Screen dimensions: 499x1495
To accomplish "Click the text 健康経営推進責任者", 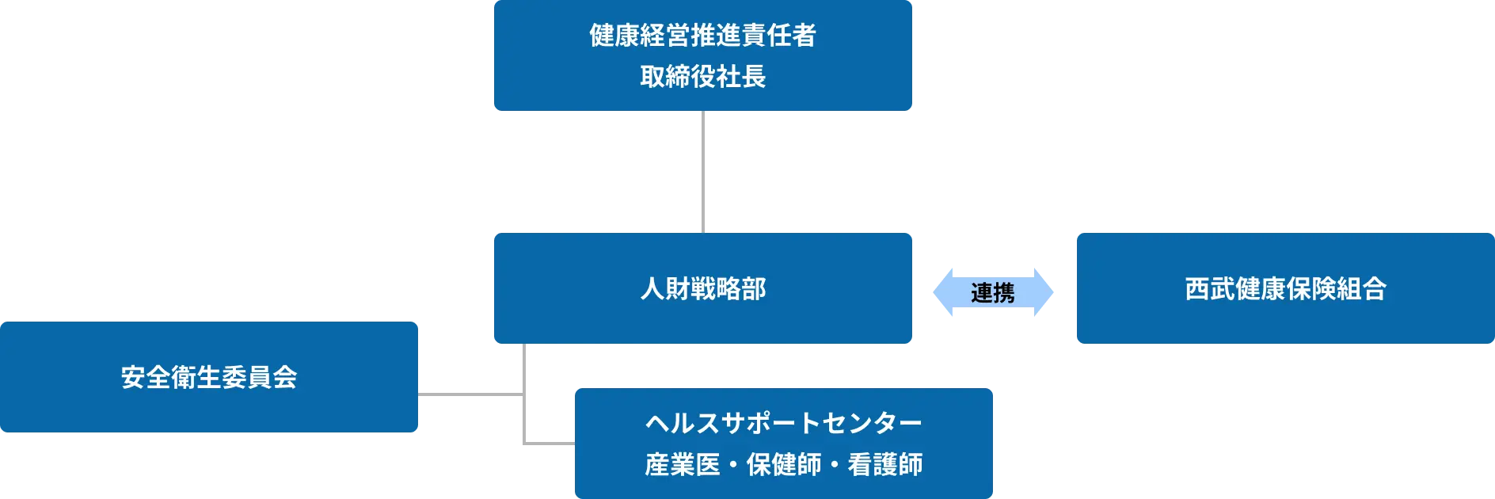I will tap(702, 36).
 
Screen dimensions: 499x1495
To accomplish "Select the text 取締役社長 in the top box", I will tap(702, 77).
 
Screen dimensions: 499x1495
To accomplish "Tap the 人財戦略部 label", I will tap(702, 288).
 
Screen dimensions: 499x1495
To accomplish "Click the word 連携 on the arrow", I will tap(992, 292).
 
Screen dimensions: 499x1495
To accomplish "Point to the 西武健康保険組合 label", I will tap(1285, 288).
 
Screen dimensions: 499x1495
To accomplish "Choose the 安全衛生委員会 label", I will tap(209, 377).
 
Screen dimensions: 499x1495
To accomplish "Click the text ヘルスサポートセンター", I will tap(783, 423).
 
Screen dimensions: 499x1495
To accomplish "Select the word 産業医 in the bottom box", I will tap(683, 464).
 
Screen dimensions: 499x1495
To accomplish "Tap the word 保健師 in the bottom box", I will tap(784, 464).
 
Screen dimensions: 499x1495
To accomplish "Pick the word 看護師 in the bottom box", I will tap(885, 464).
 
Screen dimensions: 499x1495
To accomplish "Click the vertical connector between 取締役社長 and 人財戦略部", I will tap(702, 171).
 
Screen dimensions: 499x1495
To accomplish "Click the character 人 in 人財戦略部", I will tap(652, 288).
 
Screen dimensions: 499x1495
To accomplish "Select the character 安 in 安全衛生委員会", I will tap(133, 377).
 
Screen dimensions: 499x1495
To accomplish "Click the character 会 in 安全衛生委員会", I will tap(285, 377).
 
